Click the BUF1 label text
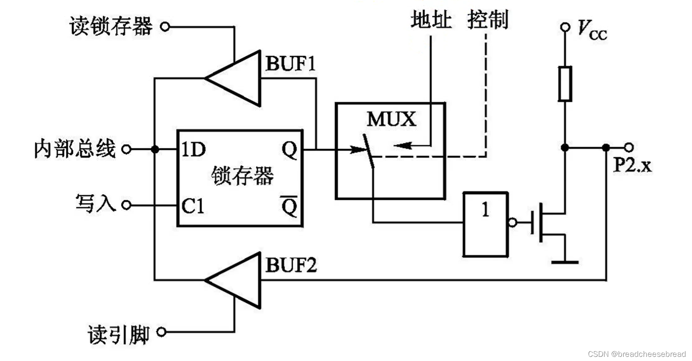[x=291, y=64]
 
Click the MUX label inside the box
[x=391, y=120]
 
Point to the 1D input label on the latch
[x=194, y=149]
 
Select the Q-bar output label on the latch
[x=289, y=206]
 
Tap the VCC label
[x=592, y=30]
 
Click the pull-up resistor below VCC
[x=565, y=84]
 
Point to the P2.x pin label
[x=632, y=165]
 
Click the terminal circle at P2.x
[x=629, y=147]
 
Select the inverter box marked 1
[x=485, y=224]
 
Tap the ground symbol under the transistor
[x=565, y=262]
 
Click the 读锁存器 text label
[x=111, y=27]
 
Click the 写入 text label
[x=96, y=204]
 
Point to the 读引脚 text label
[x=118, y=334]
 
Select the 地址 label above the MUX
[x=431, y=20]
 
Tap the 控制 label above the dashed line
[x=488, y=20]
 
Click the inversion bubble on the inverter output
[x=513, y=223]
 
